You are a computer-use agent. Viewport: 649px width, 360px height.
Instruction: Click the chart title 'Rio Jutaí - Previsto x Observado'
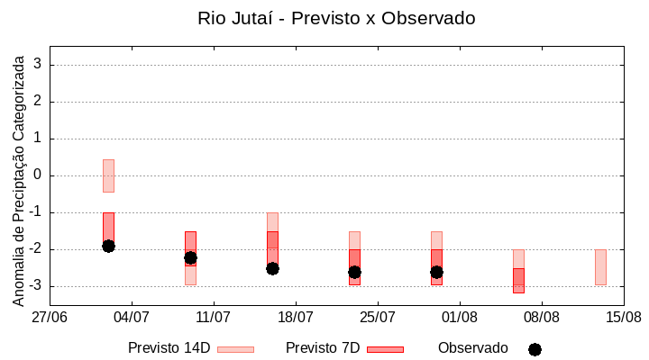[336, 18]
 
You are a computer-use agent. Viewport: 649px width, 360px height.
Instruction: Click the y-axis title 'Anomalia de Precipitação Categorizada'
[19, 179]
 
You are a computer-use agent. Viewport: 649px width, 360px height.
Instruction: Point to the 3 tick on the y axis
[38, 65]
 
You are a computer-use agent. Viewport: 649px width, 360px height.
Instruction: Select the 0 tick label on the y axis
[38, 175]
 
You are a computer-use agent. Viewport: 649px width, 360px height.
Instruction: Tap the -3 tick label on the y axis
[34, 286]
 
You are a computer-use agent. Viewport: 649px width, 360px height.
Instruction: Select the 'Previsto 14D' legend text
[169, 348]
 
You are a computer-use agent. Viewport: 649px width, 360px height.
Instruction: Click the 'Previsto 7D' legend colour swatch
[385, 349]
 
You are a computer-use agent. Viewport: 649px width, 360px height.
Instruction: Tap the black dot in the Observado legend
[535, 349]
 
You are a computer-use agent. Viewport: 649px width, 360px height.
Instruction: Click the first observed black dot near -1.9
[108, 246]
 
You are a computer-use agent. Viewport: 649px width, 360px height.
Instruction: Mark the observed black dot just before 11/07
[190, 257]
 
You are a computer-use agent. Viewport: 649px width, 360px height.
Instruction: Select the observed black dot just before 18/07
[272, 268]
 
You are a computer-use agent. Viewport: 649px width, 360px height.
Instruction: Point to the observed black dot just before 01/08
[436, 272]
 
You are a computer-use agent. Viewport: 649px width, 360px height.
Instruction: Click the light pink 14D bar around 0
[108, 175]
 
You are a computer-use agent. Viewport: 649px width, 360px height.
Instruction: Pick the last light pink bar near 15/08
[600, 267]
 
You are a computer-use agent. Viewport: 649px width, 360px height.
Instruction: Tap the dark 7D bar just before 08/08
[518, 280]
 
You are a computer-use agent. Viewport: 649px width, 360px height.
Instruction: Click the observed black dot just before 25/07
[354, 272]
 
